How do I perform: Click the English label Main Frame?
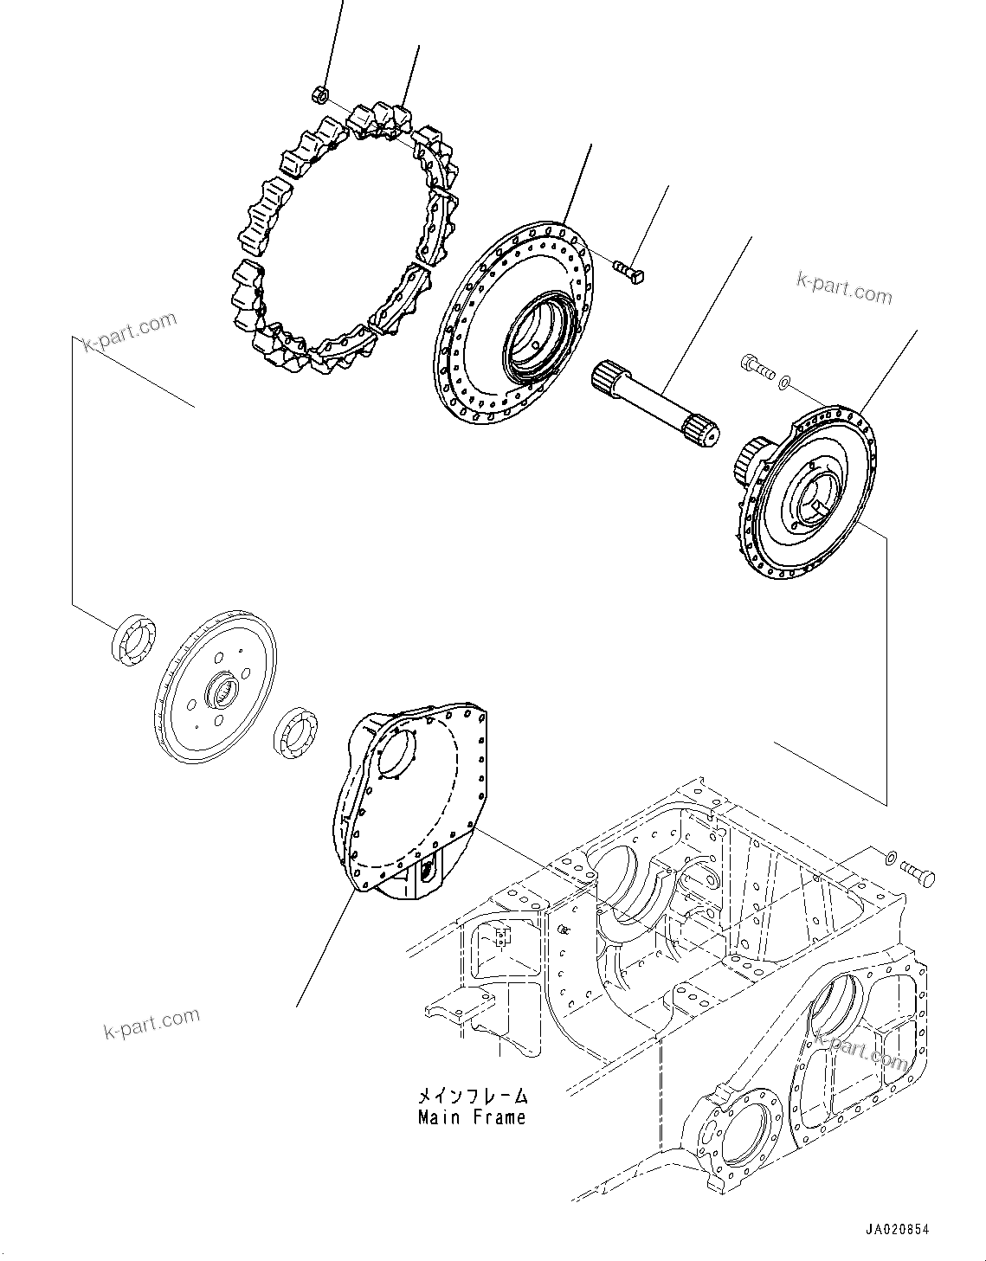click(x=472, y=1117)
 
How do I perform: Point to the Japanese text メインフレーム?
click(x=471, y=1096)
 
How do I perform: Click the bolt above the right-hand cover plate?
click(x=757, y=367)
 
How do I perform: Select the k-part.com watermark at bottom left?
click(x=151, y=1025)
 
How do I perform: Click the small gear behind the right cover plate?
click(x=748, y=461)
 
